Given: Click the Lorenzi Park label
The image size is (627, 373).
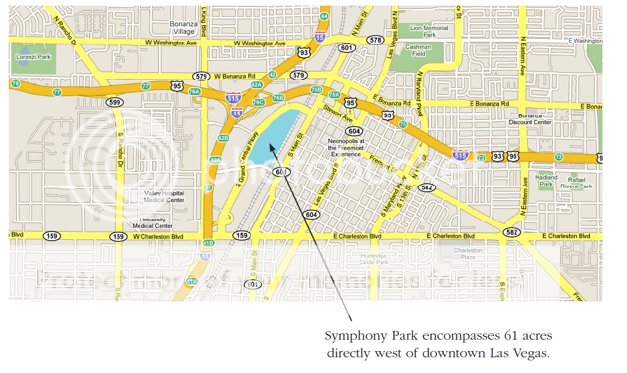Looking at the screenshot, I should pos(34,57).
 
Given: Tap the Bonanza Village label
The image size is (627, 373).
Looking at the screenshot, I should pos(183,27).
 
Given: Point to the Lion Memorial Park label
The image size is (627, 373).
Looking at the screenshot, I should pos(429,31).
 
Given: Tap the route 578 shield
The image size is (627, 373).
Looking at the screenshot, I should pos(375,40).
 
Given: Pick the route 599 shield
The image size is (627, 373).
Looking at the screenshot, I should pos(114,102).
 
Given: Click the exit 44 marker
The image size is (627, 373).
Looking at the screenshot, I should pos(324,16).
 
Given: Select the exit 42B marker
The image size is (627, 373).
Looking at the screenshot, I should pos(222,138).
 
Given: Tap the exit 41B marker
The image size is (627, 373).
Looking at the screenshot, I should pos(209,242).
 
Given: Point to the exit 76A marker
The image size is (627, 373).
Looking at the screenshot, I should pos(194,92).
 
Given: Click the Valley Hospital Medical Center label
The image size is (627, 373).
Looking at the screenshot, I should pos(165,197).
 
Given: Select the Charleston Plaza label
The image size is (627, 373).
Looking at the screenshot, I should pos(468,253).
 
